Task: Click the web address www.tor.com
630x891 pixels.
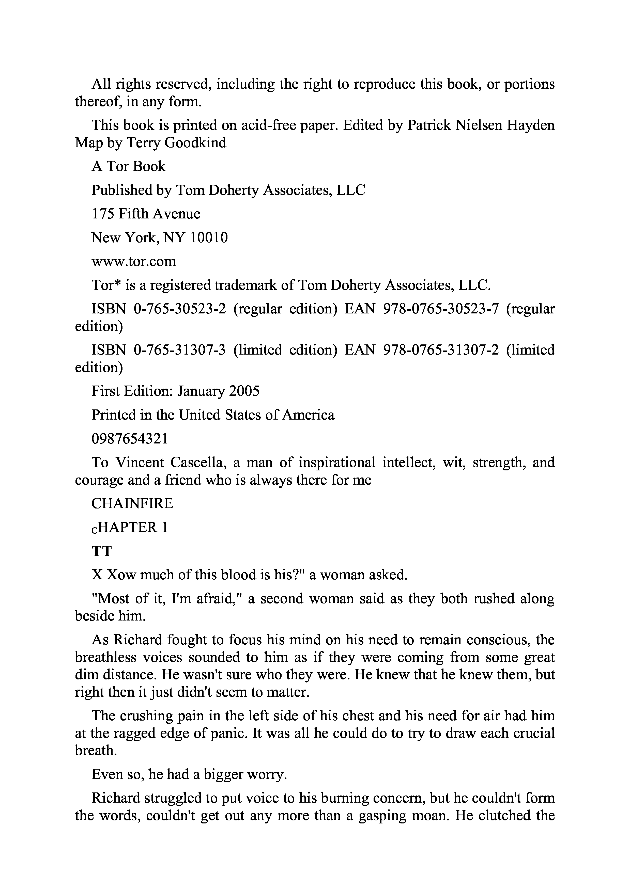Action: [133, 262]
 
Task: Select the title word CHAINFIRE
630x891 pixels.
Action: [132, 504]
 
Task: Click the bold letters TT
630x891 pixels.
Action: [101, 551]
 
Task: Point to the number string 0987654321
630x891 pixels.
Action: [130, 439]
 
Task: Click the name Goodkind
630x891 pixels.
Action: [195, 143]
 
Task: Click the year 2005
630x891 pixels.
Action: [244, 391]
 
